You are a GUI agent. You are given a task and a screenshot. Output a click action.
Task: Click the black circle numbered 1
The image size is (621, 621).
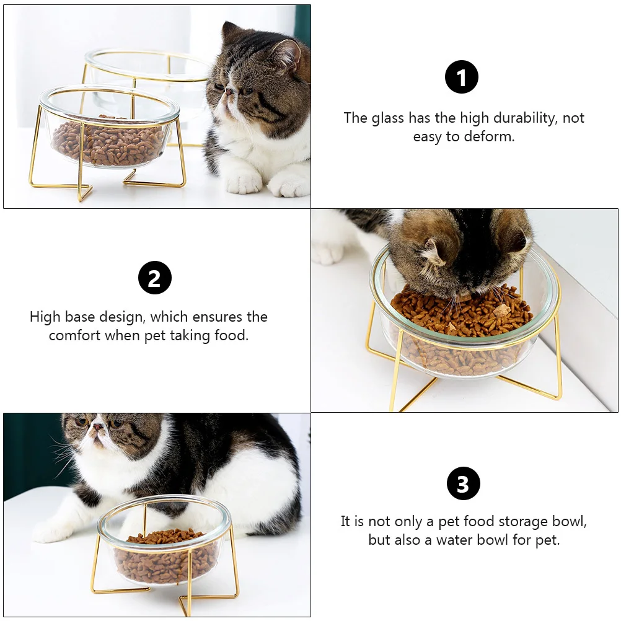(x=462, y=78)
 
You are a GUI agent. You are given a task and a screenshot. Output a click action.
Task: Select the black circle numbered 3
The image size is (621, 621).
(x=463, y=484)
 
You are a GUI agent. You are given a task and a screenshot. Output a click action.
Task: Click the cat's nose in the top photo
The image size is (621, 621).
(x=228, y=91)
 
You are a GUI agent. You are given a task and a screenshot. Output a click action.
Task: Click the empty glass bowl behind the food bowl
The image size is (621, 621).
(x=149, y=68)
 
